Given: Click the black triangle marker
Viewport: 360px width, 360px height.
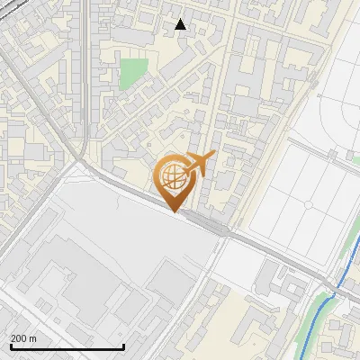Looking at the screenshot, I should pyautogui.click(x=181, y=24).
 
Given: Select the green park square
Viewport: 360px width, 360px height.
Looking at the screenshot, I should pyautogui.click(x=133, y=73).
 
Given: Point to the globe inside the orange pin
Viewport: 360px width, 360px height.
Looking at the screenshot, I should pyautogui.click(x=174, y=178).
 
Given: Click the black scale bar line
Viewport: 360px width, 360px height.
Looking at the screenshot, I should pyautogui.click(x=67, y=346).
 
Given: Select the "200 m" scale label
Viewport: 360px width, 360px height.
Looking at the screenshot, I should pyautogui.click(x=23, y=338).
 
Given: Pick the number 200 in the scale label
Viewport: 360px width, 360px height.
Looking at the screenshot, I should pyautogui.click(x=19, y=338).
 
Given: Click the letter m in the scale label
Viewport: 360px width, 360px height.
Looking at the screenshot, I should pyautogui.click(x=33, y=338).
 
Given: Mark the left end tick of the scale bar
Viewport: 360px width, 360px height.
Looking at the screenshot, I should pyautogui.click(x=11, y=345).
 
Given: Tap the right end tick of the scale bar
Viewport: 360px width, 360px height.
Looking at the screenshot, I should pyautogui.click(x=123, y=345).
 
